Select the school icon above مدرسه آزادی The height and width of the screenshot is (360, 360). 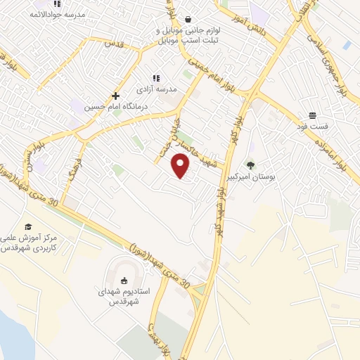coord(156,78)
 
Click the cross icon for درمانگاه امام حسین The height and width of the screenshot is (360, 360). coord(116,96)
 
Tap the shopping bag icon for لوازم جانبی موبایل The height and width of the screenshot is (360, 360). coord(188,19)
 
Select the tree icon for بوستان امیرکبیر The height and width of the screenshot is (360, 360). coord(250,165)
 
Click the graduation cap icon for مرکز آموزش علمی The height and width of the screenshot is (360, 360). coord(28,226)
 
